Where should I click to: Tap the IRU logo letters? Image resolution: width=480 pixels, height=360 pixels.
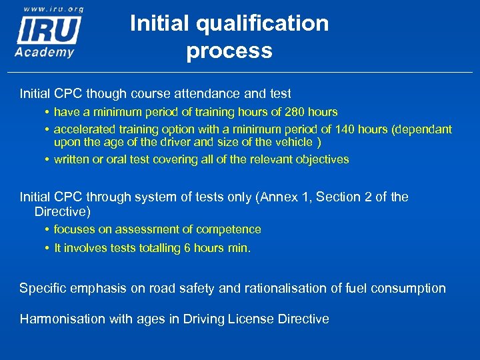[x=49, y=30]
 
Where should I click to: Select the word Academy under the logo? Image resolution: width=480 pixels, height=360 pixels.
[x=45, y=52]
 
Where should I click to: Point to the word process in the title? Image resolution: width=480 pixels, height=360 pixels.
[x=229, y=51]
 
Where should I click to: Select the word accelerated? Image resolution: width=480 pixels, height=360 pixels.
[x=83, y=129]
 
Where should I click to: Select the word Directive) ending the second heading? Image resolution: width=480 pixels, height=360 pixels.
[x=62, y=212]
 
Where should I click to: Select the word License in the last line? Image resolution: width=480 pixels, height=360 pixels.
[x=253, y=319]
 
